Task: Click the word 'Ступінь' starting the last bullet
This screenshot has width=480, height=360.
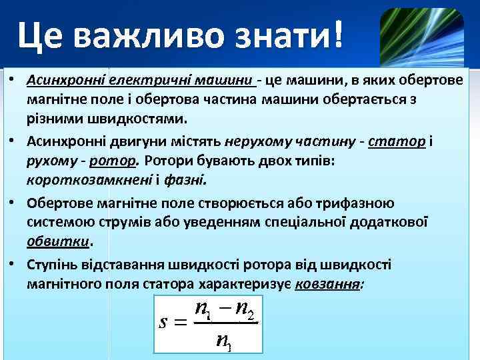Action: pos(53,265)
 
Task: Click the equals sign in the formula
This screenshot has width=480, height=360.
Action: pos(182,323)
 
